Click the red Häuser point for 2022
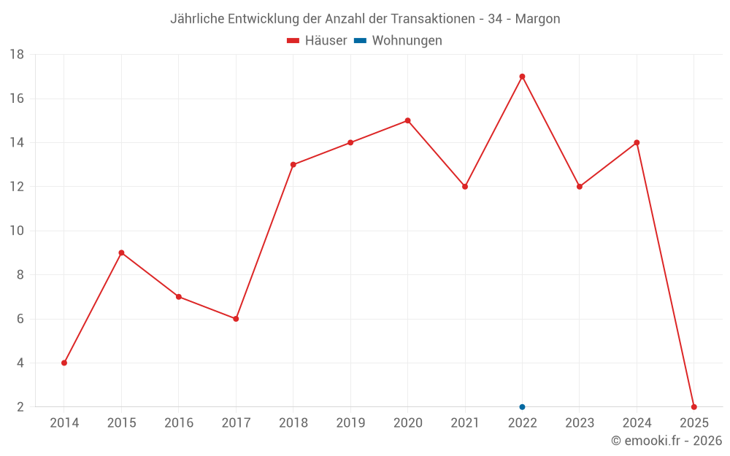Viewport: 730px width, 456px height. click(522, 77)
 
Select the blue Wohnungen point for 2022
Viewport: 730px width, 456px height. click(522, 407)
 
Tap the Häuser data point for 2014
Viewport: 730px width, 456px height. click(64, 363)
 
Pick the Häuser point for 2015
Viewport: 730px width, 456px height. click(121, 252)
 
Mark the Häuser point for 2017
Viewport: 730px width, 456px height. click(236, 319)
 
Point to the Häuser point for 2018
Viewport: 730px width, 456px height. click(293, 164)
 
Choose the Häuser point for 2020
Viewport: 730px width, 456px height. click(407, 120)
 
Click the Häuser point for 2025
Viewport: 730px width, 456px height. click(694, 407)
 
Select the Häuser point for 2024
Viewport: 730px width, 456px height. click(637, 142)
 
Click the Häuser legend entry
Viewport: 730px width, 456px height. click(317, 41)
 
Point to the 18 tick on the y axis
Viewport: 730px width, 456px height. click(17, 55)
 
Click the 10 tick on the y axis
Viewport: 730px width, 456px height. click(17, 231)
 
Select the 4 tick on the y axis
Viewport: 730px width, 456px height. click(20, 363)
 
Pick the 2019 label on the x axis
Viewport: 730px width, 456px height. click(350, 423)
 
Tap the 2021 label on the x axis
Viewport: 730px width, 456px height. click(465, 423)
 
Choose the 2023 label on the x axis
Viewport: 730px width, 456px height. click(580, 423)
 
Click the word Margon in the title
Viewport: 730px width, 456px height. click(537, 19)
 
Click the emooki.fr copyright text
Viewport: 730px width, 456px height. click(666, 441)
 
